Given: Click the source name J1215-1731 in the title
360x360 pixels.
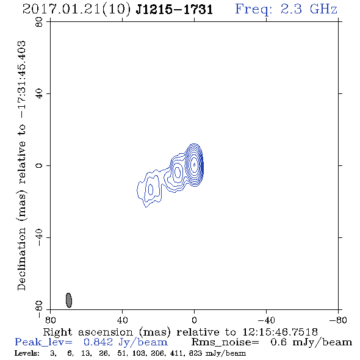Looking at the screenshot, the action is pyautogui.click(x=174, y=9).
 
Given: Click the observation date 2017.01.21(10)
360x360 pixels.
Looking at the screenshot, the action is pyautogui.click(x=76, y=9).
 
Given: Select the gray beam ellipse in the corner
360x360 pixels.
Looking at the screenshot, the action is pyautogui.click(x=69, y=300).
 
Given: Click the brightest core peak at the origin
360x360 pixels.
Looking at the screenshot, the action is pyautogui.click(x=195, y=164).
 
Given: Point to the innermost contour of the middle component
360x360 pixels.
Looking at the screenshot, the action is pyautogui.click(x=178, y=171).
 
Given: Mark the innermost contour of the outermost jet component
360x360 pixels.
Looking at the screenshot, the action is pyautogui.click(x=151, y=190).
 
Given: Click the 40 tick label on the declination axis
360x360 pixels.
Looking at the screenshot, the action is pyautogui.click(x=39, y=94).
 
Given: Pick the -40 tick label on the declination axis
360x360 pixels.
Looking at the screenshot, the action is pyautogui.click(x=39, y=237).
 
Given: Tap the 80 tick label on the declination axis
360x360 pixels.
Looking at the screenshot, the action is pyautogui.click(x=39, y=22).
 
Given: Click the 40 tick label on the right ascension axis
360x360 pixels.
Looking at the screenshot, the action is pyautogui.click(x=122, y=320).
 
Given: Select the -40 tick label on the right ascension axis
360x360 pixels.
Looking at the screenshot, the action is pyautogui.click(x=266, y=320).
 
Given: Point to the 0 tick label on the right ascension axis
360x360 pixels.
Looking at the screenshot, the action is pyautogui.click(x=194, y=320).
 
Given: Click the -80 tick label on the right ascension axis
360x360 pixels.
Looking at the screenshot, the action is pyautogui.click(x=338, y=320).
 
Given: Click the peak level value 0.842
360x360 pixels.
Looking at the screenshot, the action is pyautogui.click(x=98, y=342).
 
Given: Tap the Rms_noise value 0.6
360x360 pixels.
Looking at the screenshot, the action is pyautogui.click(x=278, y=342).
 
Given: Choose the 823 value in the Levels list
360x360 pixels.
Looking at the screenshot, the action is pyautogui.click(x=196, y=353).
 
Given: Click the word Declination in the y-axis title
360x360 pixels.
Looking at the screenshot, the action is pyautogui.click(x=21, y=259).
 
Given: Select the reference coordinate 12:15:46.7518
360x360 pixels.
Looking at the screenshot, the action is pyautogui.click(x=280, y=332).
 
